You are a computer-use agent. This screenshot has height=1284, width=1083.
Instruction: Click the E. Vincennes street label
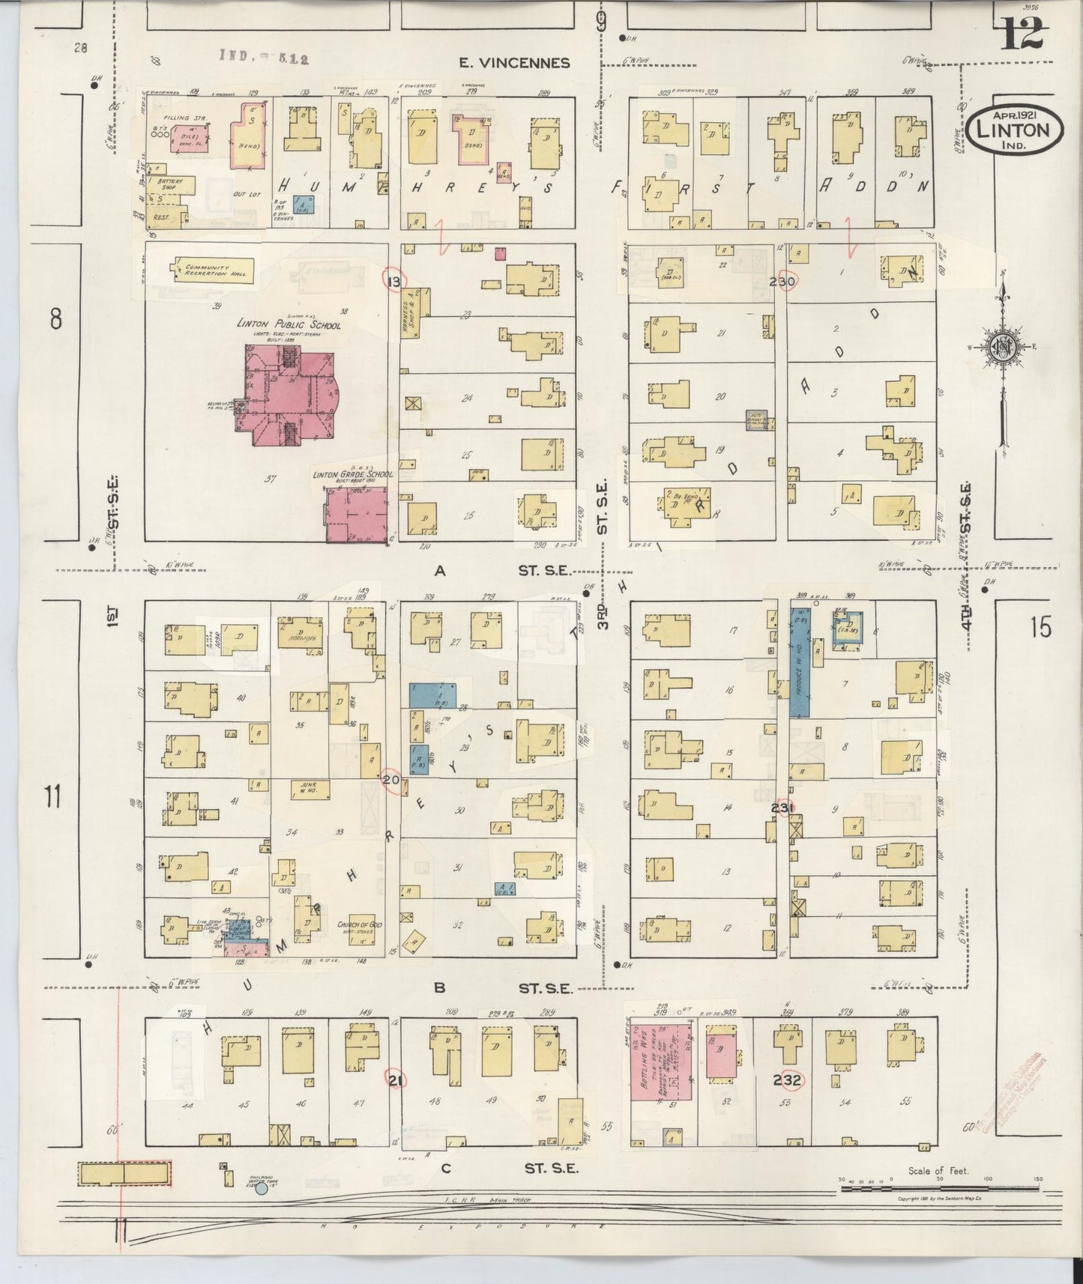pos(514,64)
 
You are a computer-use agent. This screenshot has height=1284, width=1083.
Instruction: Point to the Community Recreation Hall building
pos(213,270)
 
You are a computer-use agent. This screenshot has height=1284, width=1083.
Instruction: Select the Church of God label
pos(360,925)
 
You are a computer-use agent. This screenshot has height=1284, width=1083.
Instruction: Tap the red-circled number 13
pos(394,281)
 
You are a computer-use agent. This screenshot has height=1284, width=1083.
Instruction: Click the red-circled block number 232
pos(788,1080)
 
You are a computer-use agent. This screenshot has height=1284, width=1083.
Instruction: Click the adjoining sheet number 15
pos(1040,628)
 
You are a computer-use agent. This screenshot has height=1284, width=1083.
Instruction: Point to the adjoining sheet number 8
pos(55,320)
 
